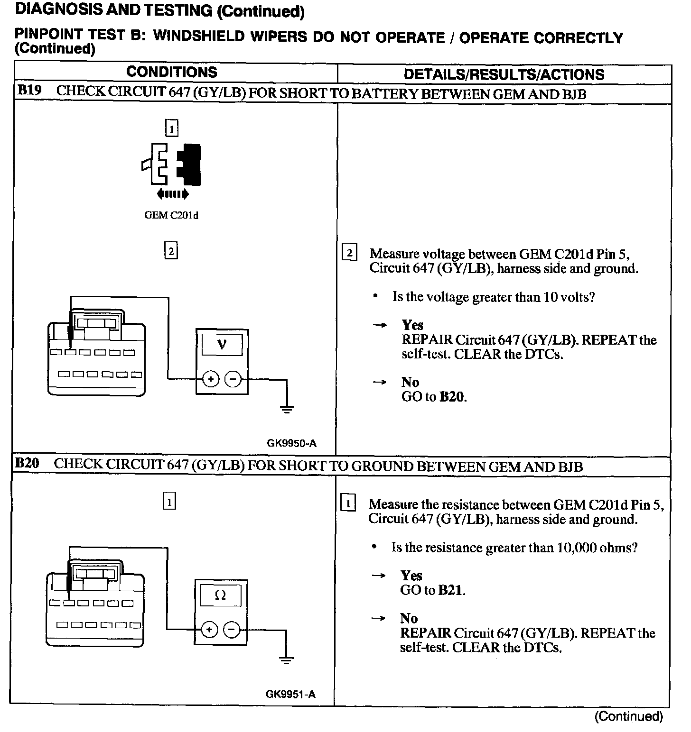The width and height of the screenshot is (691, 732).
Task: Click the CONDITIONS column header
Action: pos(171,72)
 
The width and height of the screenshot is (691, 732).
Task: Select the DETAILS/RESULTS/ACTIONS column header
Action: pos(504,74)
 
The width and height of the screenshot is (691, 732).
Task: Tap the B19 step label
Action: pos(29,91)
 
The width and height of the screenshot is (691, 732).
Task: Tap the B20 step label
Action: pos(27,463)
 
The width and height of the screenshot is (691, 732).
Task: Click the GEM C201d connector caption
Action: pos(171,215)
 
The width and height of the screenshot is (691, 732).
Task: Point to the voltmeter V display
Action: pos(222,345)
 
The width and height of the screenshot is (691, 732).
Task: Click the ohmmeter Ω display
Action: pos(220,595)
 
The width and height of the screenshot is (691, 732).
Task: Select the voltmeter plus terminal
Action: pos(211,379)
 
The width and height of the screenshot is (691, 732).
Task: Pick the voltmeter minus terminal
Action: pos(233,379)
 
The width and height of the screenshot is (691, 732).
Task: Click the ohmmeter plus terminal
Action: pos(209,630)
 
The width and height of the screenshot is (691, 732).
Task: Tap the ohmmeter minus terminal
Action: pos(231,630)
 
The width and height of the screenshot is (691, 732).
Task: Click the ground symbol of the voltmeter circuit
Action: pos(287,408)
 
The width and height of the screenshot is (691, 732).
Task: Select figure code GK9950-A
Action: pos(291,444)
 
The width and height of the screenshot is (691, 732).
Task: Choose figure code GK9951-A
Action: pos(290,695)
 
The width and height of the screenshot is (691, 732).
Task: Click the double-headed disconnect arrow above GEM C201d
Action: pos(172,193)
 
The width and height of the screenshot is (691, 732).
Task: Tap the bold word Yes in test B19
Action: pos(412,325)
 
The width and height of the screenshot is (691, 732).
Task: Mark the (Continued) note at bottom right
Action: pos(628,716)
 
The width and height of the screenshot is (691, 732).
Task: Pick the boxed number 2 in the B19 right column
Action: pos(350,253)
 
